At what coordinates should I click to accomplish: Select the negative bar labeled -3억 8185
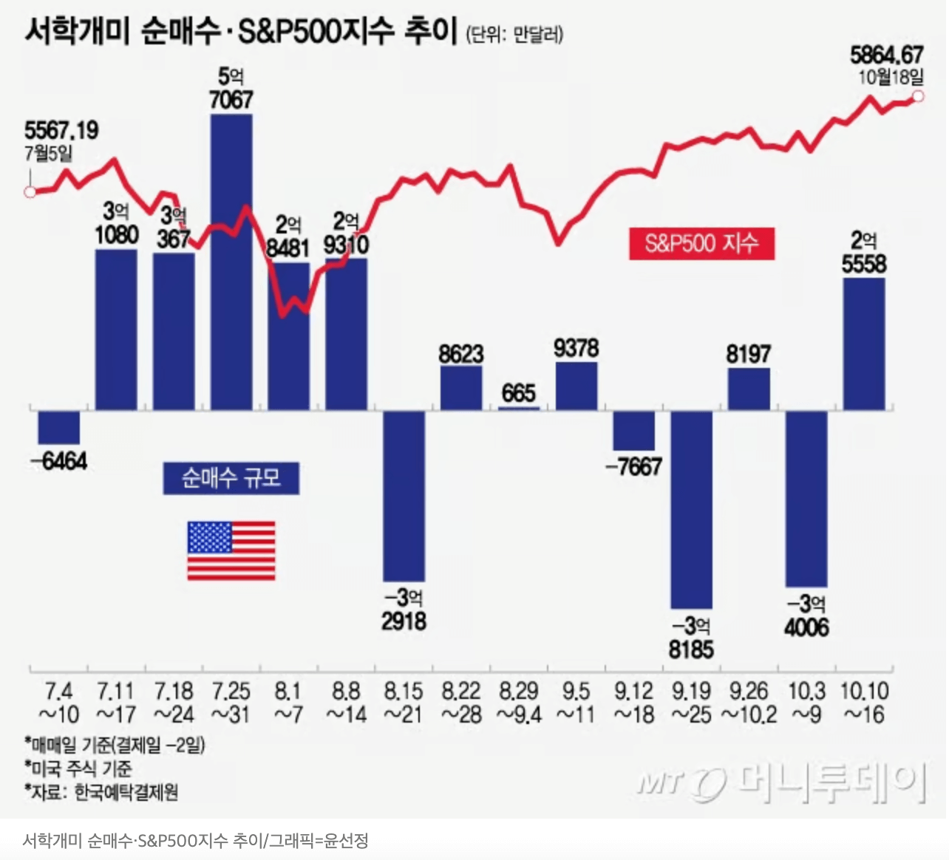(x=691, y=509)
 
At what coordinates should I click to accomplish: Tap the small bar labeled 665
(x=518, y=407)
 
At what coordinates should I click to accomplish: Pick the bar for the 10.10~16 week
(x=864, y=344)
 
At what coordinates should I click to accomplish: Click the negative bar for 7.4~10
(x=59, y=427)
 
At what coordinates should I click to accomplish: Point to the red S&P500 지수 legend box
(x=701, y=244)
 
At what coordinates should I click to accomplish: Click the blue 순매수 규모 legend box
(x=231, y=478)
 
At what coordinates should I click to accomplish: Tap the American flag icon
(x=231, y=550)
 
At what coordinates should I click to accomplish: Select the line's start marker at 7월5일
(x=30, y=192)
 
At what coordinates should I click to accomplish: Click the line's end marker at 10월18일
(x=918, y=96)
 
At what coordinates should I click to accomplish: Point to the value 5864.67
(x=886, y=55)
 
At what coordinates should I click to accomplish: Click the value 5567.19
(x=61, y=131)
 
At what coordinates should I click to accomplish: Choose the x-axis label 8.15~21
(x=404, y=703)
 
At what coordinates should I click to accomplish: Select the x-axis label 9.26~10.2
(x=749, y=703)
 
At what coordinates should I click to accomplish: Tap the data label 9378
(x=576, y=348)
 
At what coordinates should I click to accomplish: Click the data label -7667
(x=633, y=466)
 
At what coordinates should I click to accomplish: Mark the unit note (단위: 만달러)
(x=514, y=34)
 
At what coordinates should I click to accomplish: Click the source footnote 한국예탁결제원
(x=126, y=793)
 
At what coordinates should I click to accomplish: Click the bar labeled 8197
(x=749, y=389)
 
